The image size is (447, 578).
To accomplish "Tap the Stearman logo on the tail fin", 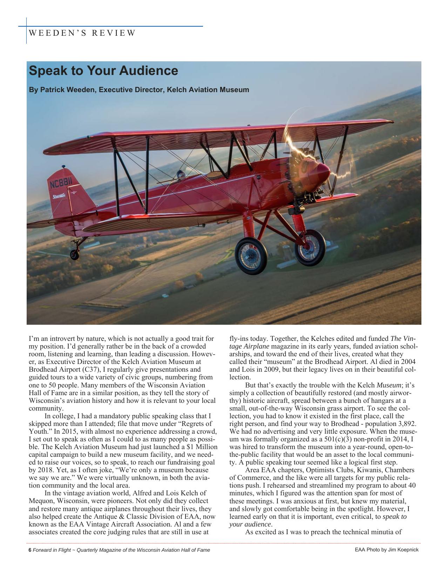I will (x=59, y=196).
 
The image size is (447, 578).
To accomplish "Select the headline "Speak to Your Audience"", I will (x=103, y=70).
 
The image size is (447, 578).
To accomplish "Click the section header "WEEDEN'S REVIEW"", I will (x=82, y=33).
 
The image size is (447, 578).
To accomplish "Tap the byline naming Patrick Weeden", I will (x=139, y=90).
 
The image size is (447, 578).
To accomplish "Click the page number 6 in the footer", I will (x=30, y=550).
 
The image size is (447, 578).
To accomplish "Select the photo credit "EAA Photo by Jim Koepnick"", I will (x=387, y=550).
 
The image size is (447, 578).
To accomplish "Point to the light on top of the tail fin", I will (x=63, y=167).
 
